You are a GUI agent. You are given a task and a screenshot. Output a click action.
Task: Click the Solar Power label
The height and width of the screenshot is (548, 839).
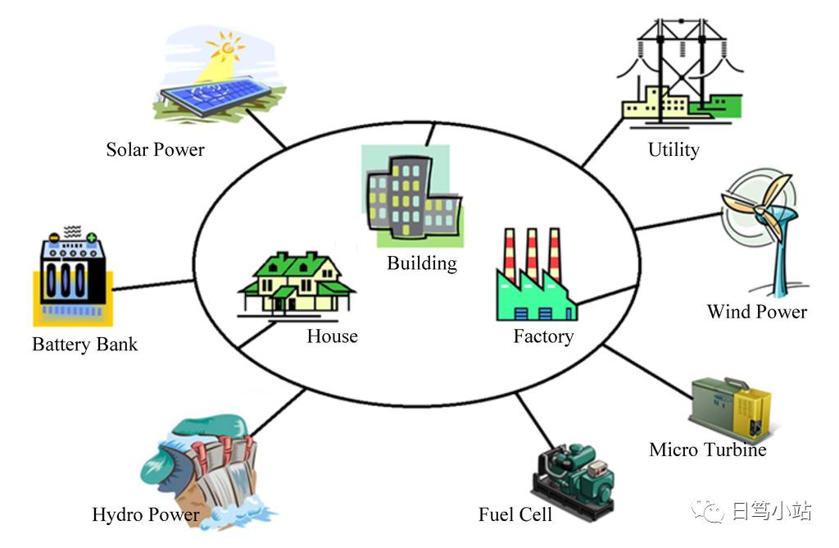tap(155, 149)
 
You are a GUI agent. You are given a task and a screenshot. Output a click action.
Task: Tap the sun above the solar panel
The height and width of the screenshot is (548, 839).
tap(227, 48)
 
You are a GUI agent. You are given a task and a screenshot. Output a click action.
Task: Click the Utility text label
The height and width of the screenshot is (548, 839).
tap(673, 150)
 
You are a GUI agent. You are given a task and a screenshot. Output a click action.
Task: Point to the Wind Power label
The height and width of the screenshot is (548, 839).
tap(756, 312)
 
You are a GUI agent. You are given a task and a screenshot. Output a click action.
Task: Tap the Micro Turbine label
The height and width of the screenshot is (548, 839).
tap(707, 450)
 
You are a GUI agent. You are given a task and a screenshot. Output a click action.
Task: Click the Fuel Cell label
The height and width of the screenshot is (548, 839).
tap(515, 515)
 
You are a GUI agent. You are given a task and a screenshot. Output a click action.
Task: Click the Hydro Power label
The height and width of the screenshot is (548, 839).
tap(146, 515)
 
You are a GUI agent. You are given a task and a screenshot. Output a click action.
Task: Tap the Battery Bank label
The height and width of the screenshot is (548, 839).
tap(84, 345)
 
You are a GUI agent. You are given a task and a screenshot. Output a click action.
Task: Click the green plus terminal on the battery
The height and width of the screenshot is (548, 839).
tap(92, 237)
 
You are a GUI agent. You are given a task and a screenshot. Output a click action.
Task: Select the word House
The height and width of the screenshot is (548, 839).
tap(333, 336)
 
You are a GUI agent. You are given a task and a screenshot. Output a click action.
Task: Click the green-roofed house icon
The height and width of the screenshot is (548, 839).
tap(296, 284)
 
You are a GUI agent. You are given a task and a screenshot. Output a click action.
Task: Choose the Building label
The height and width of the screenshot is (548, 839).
tap(422, 263)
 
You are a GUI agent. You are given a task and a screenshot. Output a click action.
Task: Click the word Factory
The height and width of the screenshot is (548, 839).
tap(544, 336)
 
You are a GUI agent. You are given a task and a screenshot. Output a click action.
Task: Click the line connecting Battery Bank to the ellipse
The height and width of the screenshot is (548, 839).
tap(153, 285)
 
